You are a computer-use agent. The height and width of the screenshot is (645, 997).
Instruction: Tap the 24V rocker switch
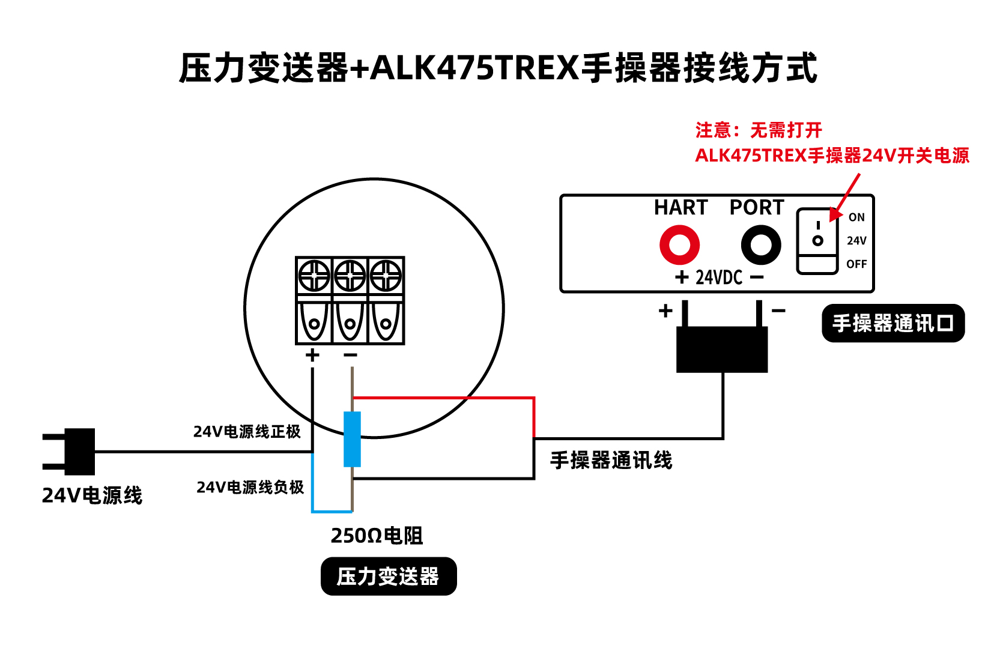click(x=817, y=241)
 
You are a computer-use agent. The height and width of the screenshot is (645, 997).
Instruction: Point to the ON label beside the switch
click(x=856, y=217)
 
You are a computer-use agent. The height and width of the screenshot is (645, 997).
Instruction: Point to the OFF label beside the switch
click(x=856, y=264)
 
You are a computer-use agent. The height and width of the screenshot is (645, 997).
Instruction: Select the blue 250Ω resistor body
click(x=352, y=440)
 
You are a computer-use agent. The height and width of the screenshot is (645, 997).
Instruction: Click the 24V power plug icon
click(x=68, y=452)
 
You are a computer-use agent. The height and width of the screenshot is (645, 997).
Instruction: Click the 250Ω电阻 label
click(x=377, y=536)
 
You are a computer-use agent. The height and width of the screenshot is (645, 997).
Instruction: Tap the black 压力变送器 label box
click(x=389, y=576)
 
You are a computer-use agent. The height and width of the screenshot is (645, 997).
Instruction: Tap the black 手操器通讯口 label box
click(x=893, y=323)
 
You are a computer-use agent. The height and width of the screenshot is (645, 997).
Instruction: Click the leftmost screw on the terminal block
click(x=314, y=276)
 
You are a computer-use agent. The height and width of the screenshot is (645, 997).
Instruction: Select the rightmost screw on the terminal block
click(x=386, y=276)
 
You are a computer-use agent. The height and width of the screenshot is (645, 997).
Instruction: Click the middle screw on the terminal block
click(x=350, y=276)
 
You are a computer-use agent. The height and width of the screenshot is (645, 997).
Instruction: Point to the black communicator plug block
click(x=722, y=350)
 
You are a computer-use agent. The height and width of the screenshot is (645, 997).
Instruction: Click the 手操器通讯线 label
click(x=611, y=460)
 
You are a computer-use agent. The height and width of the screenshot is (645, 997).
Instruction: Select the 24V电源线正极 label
click(x=247, y=431)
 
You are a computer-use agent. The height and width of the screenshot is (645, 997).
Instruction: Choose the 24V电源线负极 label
click(x=250, y=487)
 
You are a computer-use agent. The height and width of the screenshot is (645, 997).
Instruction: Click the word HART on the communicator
click(x=680, y=207)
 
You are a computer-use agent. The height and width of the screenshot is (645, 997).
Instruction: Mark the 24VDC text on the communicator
click(x=719, y=277)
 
